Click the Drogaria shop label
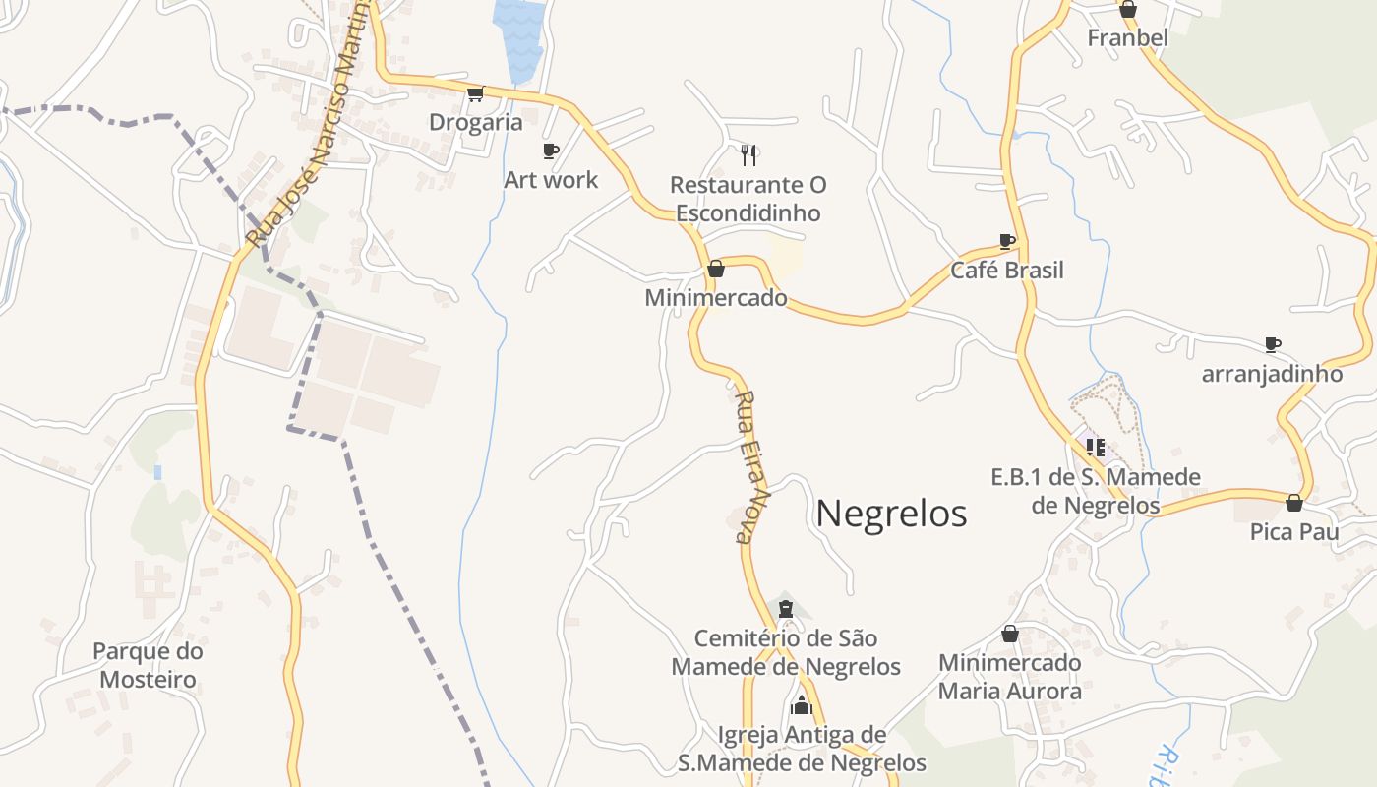(x=476, y=122)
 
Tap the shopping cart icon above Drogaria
(x=476, y=93)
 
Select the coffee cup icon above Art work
(x=551, y=151)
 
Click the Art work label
(x=551, y=180)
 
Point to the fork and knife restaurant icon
(x=748, y=154)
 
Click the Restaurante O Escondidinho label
(x=748, y=199)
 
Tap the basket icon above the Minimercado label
(x=716, y=269)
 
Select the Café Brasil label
(x=1006, y=271)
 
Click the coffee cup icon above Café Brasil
(x=1007, y=241)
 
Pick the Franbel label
(x=1127, y=38)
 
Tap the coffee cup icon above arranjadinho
(x=1273, y=344)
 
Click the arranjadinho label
(x=1272, y=375)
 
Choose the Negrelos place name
(x=891, y=514)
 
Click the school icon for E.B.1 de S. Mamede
(x=1096, y=448)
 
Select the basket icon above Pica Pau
(x=1294, y=503)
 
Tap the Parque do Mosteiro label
(x=148, y=665)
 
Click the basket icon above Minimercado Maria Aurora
(x=1010, y=634)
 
